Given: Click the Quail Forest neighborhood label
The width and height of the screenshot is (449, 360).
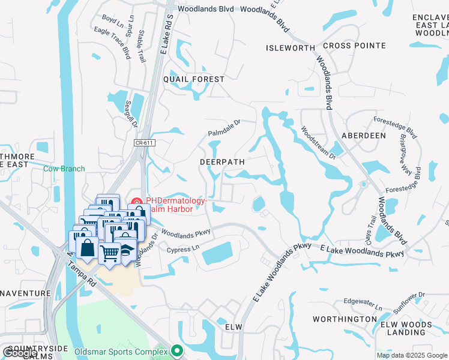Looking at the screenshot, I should [193, 79].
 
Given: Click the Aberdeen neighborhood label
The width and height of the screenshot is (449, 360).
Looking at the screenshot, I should [363, 136].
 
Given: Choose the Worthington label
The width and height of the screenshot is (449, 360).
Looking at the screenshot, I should [345, 319].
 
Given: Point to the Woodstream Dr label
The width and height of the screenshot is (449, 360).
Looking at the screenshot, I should [318, 142].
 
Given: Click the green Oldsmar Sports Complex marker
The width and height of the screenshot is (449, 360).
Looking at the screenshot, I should [176, 350].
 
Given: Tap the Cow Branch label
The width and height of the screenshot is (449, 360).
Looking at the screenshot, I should [64, 169].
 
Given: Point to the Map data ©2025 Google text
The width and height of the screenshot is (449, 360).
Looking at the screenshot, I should [411, 355].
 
